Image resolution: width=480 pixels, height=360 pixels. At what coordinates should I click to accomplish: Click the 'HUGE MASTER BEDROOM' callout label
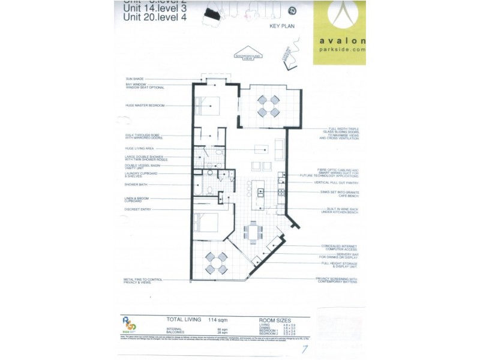point(145,105)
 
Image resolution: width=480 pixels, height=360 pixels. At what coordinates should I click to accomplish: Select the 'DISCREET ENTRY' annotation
point(137,209)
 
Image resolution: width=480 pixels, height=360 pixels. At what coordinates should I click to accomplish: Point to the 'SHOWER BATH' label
point(136,185)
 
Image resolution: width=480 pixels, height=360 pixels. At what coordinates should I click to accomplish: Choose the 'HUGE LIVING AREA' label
point(141,148)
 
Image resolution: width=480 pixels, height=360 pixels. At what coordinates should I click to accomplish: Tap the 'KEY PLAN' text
point(282,26)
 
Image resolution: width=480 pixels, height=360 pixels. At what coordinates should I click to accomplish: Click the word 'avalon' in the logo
point(338,41)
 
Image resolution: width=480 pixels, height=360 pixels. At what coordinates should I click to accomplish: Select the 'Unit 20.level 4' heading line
point(155,17)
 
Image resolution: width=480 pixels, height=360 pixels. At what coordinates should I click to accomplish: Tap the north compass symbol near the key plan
point(292,10)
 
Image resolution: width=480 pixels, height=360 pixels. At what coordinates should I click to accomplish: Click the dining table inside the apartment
point(253,230)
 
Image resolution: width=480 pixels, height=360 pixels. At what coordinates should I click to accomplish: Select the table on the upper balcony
point(268,106)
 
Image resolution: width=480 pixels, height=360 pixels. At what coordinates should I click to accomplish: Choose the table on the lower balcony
point(216,263)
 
